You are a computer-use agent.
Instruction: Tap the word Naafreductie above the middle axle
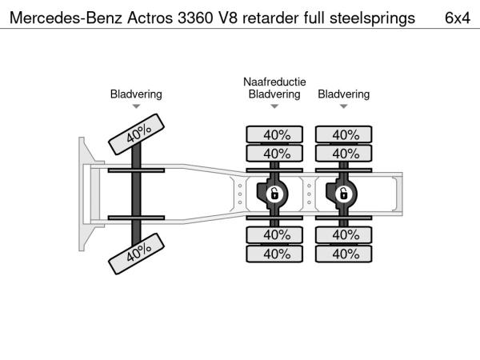click(274, 82)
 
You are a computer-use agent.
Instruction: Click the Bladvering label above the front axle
click(136, 94)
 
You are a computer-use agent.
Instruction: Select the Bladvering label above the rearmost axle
click(344, 94)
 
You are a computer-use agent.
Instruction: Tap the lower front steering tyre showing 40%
click(136, 254)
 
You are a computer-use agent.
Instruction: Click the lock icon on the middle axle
click(274, 194)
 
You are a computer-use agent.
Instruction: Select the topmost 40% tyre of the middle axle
click(275, 134)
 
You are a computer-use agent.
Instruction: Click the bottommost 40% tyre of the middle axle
click(275, 254)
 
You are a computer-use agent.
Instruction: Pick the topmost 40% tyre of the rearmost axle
click(345, 134)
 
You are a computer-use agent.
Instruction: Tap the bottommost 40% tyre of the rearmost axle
click(345, 254)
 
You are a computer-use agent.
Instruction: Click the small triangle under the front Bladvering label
click(136, 106)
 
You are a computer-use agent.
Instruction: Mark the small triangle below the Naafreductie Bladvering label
click(274, 106)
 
